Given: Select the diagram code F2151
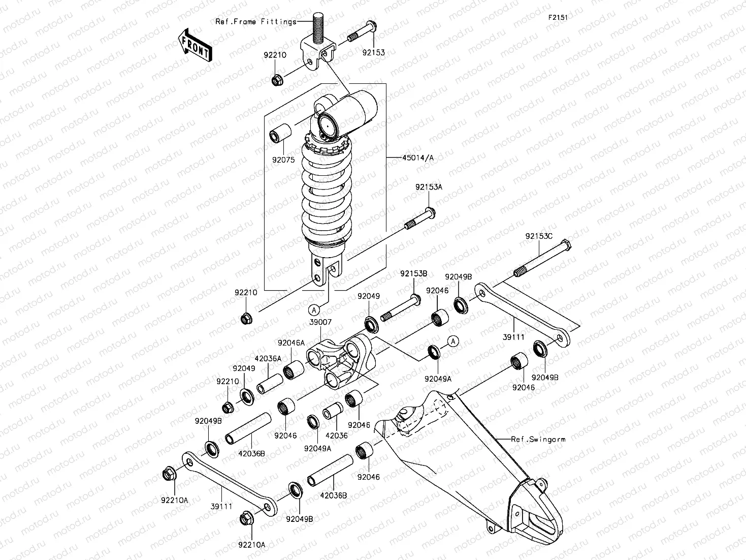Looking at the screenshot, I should pyautogui.click(x=557, y=17).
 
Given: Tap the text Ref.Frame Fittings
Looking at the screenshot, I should pyautogui.click(x=256, y=22).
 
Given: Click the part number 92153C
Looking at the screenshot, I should pyautogui.click(x=539, y=236).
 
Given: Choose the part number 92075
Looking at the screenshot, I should pyautogui.click(x=283, y=159).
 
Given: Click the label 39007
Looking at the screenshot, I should pyautogui.click(x=320, y=322).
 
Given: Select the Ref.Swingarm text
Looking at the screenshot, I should pyautogui.click(x=538, y=439).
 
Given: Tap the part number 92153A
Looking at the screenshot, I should pyautogui.click(x=429, y=187).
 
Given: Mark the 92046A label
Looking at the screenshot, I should pyautogui.click(x=290, y=343).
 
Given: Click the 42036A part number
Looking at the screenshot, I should pyautogui.click(x=268, y=358).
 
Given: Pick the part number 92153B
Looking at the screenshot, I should pyautogui.click(x=413, y=274).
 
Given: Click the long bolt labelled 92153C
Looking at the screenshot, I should pyautogui.click(x=543, y=261).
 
